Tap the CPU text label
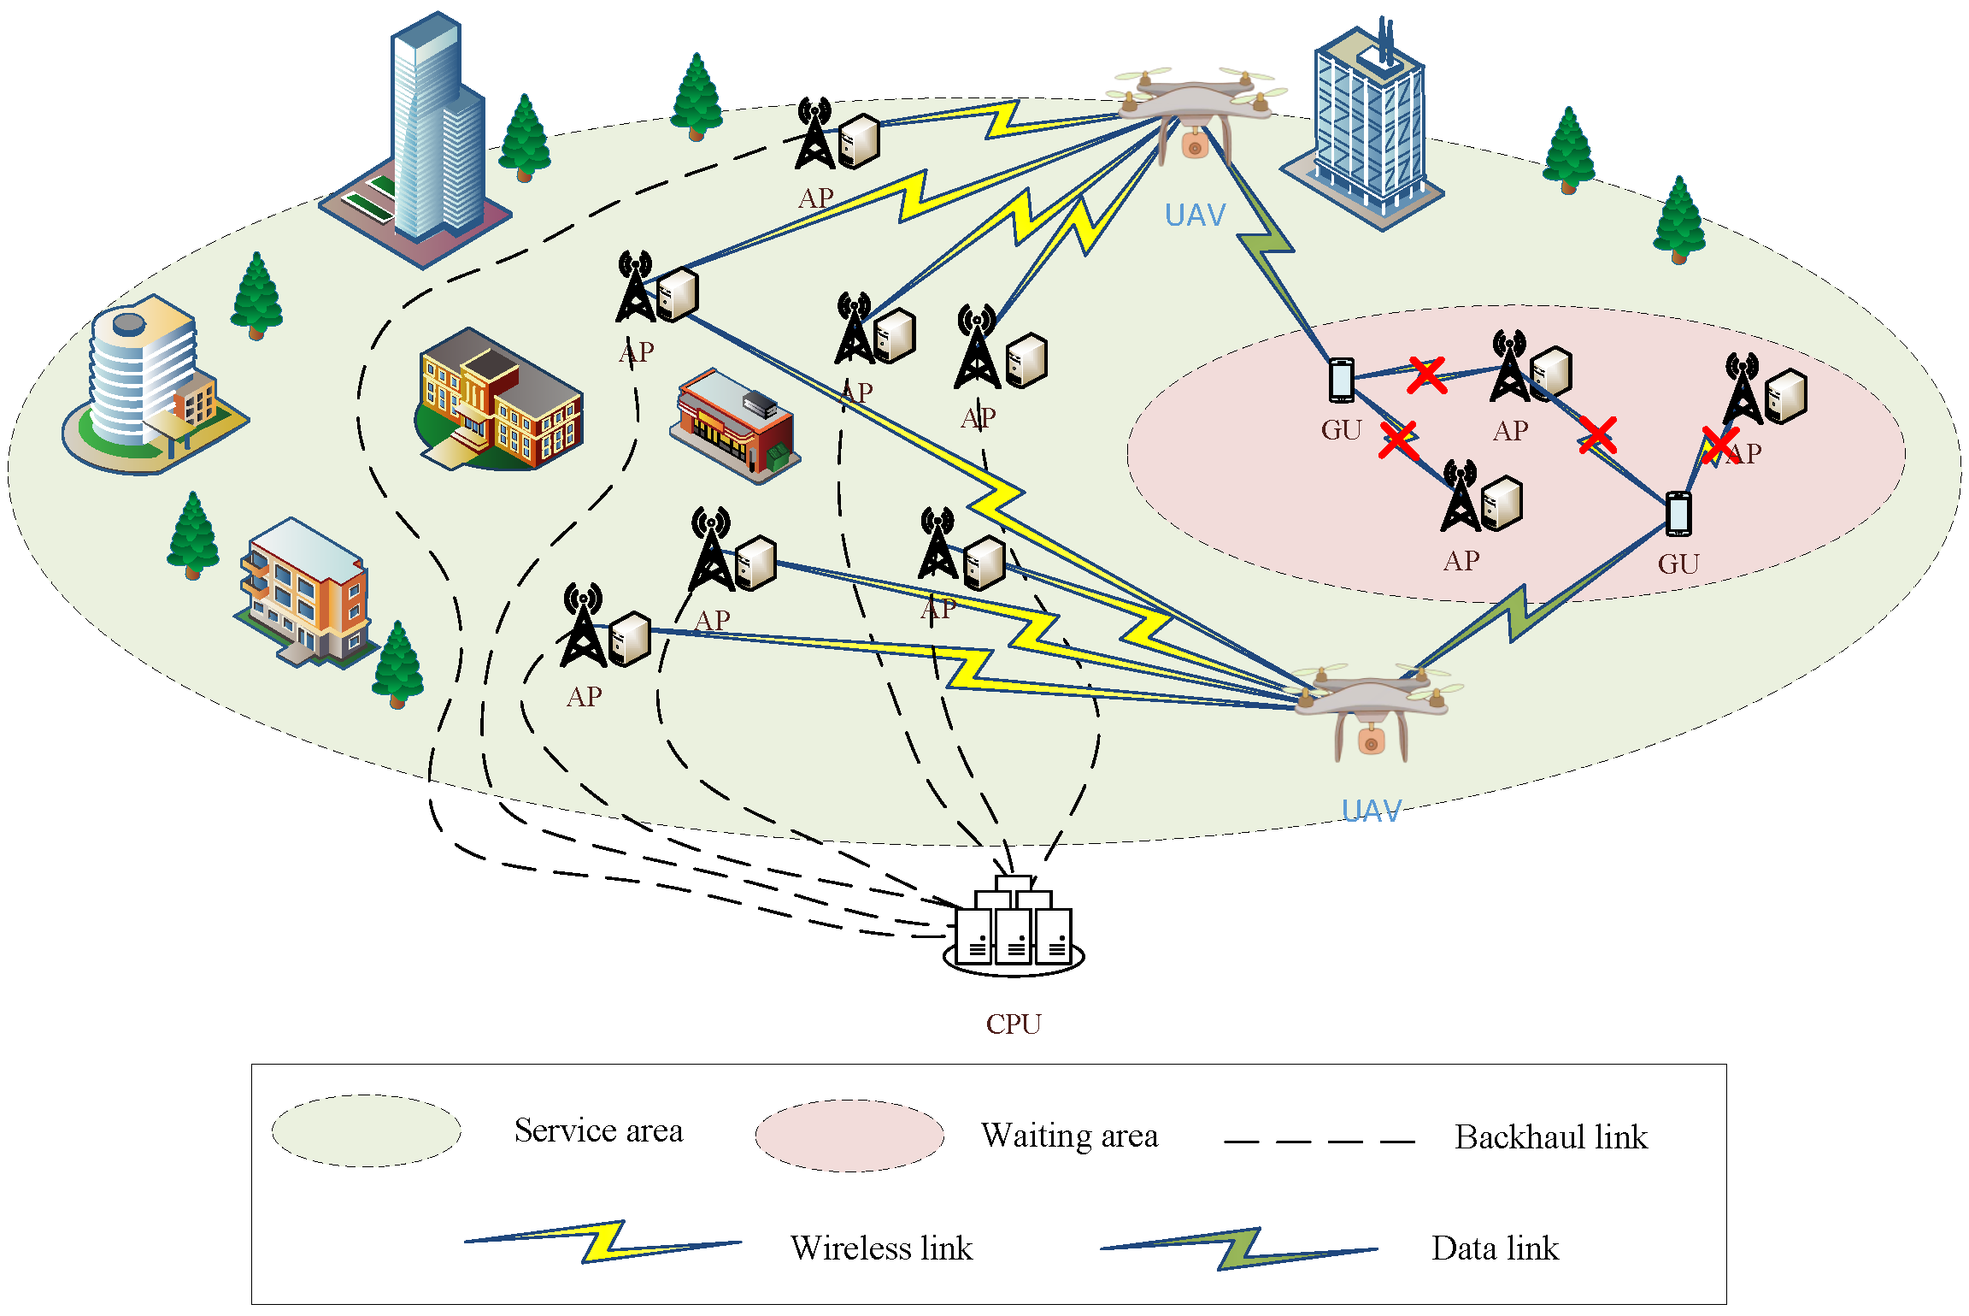pyautogui.click(x=1014, y=1024)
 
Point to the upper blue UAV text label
pyautogui.click(x=1195, y=215)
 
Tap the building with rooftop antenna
pyautogui.click(x=1366, y=128)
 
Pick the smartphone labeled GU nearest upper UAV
pyautogui.click(x=1341, y=380)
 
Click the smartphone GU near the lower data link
pyautogui.click(x=1678, y=513)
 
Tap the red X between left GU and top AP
pyautogui.click(x=1426, y=375)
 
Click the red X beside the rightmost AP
pyautogui.click(x=1719, y=446)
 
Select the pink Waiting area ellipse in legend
pyautogui.click(x=849, y=1135)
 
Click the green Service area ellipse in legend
pyautogui.click(x=366, y=1130)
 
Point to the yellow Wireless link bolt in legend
pyautogui.click(x=602, y=1242)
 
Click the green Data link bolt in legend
pyautogui.click(x=1238, y=1248)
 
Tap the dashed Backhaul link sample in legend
pyautogui.click(x=1319, y=1141)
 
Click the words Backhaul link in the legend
pyautogui.click(x=1550, y=1137)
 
